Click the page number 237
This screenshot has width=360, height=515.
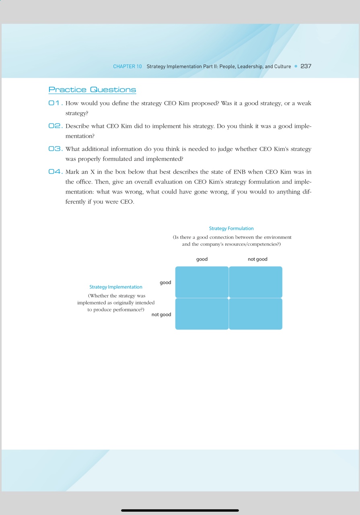pyautogui.click(x=306, y=66)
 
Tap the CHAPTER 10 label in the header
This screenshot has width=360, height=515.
pyautogui.click(x=127, y=66)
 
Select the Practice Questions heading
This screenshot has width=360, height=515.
pyautogui.click(x=92, y=90)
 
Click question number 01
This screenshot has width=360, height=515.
pyautogui.click(x=54, y=103)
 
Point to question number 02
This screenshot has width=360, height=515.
pyautogui.click(x=55, y=126)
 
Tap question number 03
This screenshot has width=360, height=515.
pyautogui.click(x=55, y=149)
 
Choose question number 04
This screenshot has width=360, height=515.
pyautogui.click(x=55, y=172)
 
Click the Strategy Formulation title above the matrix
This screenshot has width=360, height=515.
pyautogui.click(x=231, y=229)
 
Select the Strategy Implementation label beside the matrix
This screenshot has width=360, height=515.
pyautogui.click(x=116, y=287)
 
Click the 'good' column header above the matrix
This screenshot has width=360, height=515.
pyautogui.click(x=202, y=259)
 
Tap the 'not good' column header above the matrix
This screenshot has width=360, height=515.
pyautogui.click(x=257, y=259)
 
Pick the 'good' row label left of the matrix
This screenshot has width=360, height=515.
pyautogui.click(x=165, y=282)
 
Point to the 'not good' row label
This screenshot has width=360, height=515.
pyautogui.click(x=161, y=315)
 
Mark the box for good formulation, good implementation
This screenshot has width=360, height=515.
pyautogui.click(x=202, y=282)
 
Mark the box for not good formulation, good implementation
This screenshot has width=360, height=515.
pyautogui.click(x=255, y=282)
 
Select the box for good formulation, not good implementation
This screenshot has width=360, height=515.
pyautogui.click(x=202, y=314)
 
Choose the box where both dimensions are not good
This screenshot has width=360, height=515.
pyautogui.click(x=255, y=314)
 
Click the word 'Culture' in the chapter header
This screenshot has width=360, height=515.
pyautogui.click(x=282, y=66)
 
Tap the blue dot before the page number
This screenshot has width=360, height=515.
pyautogui.click(x=296, y=66)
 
